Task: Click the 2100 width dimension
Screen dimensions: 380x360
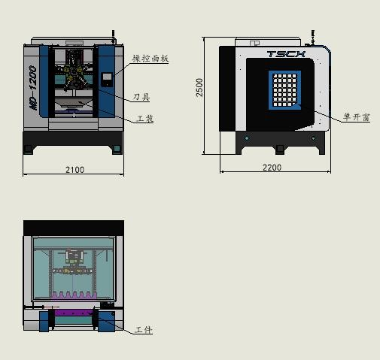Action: tap(74, 170)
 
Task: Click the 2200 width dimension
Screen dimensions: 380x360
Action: tap(272, 168)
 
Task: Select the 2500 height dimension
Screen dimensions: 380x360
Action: tap(199, 87)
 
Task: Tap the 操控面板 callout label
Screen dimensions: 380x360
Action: tap(150, 59)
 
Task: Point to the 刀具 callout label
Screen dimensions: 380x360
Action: tap(141, 97)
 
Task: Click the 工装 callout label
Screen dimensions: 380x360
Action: tap(145, 119)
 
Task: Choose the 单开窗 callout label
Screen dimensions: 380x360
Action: tap(357, 117)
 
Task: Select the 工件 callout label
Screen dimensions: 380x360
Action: tap(144, 330)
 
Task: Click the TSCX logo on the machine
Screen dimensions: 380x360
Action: tap(286, 54)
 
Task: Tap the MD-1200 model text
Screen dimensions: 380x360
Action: tap(33, 87)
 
